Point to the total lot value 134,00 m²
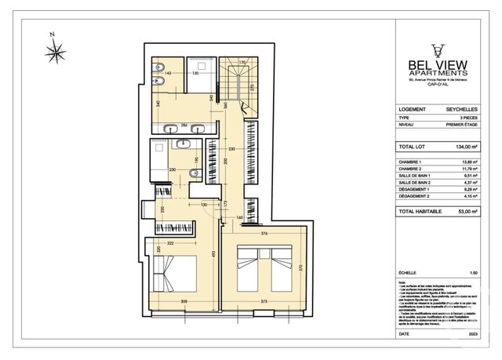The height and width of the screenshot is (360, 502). pyautogui.click(x=463, y=147)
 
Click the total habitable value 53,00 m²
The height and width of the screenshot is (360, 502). pyautogui.click(x=464, y=212)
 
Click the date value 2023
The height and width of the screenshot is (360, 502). pyautogui.click(x=472, y=335)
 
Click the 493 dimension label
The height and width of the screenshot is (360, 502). pyautogui.click(x=213, y=253)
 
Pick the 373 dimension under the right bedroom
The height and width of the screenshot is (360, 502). pyautogui.click(x=264, y=301)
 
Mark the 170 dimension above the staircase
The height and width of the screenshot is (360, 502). pyautogui.click(x=243, y=62)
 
